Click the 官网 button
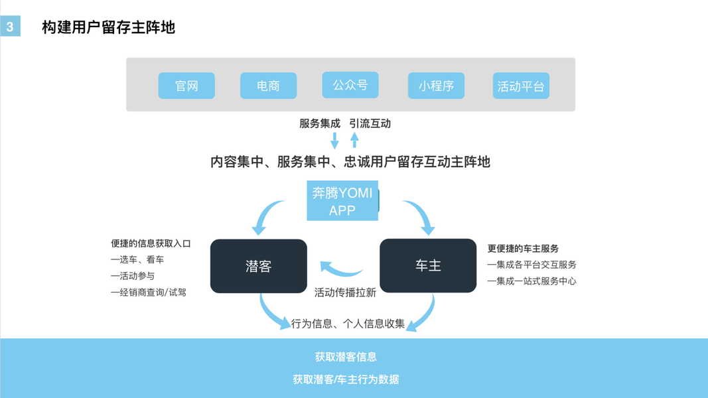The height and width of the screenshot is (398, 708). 186,86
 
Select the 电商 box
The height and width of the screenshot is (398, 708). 268,86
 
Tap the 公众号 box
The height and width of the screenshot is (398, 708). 350,85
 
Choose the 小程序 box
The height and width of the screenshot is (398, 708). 436,86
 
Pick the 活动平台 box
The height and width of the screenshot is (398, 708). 521,86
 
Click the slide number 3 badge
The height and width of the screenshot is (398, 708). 10,27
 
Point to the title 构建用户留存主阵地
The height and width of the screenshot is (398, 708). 108,27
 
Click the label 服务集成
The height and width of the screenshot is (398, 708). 319,123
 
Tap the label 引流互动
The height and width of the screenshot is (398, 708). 370,123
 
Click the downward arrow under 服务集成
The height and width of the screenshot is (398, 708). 334,140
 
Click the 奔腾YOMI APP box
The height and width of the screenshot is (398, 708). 342,201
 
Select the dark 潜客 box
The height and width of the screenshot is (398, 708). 258,266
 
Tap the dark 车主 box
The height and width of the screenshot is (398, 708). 428,265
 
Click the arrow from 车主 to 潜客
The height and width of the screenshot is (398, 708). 341,269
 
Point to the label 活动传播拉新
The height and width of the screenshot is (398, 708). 345,292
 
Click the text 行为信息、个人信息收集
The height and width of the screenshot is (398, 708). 348,324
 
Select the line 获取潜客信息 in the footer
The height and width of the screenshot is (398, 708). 346,357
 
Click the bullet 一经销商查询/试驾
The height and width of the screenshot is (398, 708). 149,292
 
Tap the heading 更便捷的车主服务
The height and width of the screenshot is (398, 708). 523,249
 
